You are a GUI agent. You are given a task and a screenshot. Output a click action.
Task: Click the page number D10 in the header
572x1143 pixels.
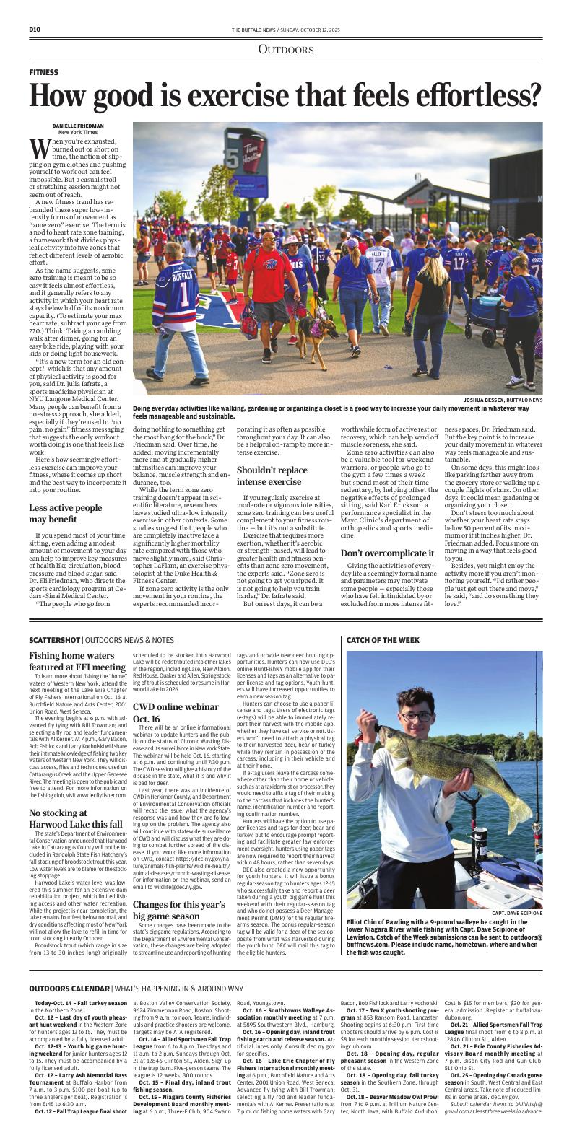pos(34,29)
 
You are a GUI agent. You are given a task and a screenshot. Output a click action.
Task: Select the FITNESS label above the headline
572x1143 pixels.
pos(44,73)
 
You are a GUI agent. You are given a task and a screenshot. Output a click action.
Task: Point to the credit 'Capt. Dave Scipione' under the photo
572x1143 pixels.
pos(516,913)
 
